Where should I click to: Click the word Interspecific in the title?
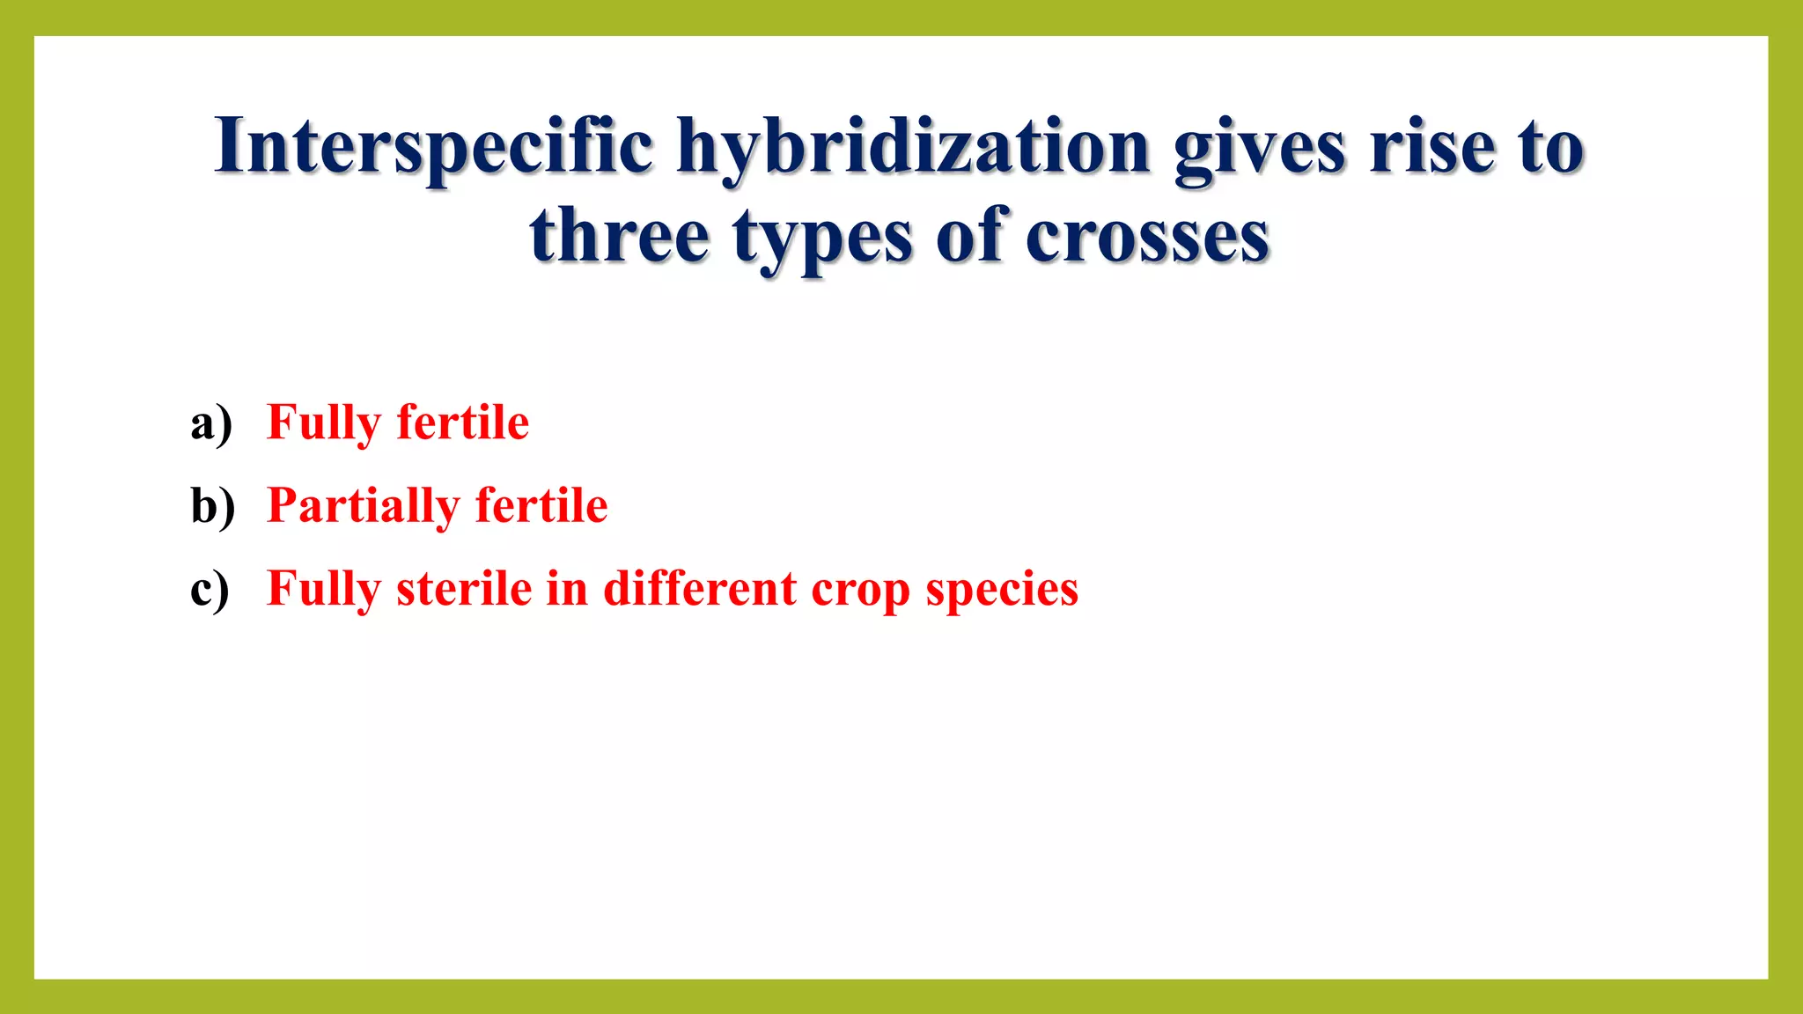pyautogui.click(x=433, y=146)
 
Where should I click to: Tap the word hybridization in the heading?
pyautogui.click(x=913, y=146)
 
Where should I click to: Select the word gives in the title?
pyautogui.click(x=1260, y=146)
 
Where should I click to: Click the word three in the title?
pyautogui.click(x=619, y=236)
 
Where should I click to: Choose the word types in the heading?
pyautogui.click(x=822, y=238)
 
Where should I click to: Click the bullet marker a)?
pyautogui.click(x=211, y=423)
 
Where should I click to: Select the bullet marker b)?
pyautogui.click(x=212, y=506)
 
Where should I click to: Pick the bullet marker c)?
pyautogui.click(x=210, y=589)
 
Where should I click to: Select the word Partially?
pyautogui.click(x=364, y=506)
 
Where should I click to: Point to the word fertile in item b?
pyautogui.click(x=541, y=505)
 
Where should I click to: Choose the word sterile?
pyautogui.click(x=463, y=588)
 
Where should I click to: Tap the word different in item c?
pyautogui.click(x=700, y=588)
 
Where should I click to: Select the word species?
pyautogui.click(x=1002, y=590)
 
